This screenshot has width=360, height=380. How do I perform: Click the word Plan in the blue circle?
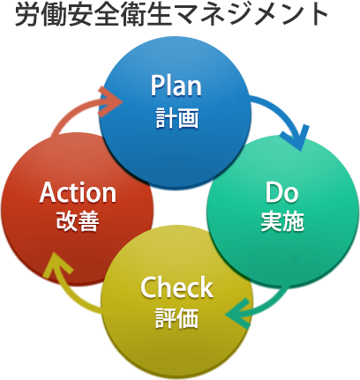(176, 86)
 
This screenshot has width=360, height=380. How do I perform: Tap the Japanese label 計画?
(177, 117)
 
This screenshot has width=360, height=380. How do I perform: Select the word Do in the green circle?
(281, 192)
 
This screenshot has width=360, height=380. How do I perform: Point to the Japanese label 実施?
(282, 221)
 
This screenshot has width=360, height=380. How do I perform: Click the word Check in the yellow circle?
(176, 287)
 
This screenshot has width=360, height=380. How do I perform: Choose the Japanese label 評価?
(176, 317)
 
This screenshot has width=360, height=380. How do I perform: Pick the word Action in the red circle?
(78, 192)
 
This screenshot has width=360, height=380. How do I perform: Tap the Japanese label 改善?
(78, 221)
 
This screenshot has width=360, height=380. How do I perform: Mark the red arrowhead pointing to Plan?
(110, 101)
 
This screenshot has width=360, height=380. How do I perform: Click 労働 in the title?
(37, 15)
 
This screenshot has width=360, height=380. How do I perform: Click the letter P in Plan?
(156, 86)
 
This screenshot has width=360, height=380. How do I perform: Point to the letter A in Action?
(48, 192)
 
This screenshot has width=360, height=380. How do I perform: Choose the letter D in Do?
(274, 192)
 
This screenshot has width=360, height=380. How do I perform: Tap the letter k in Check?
(206, 287)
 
